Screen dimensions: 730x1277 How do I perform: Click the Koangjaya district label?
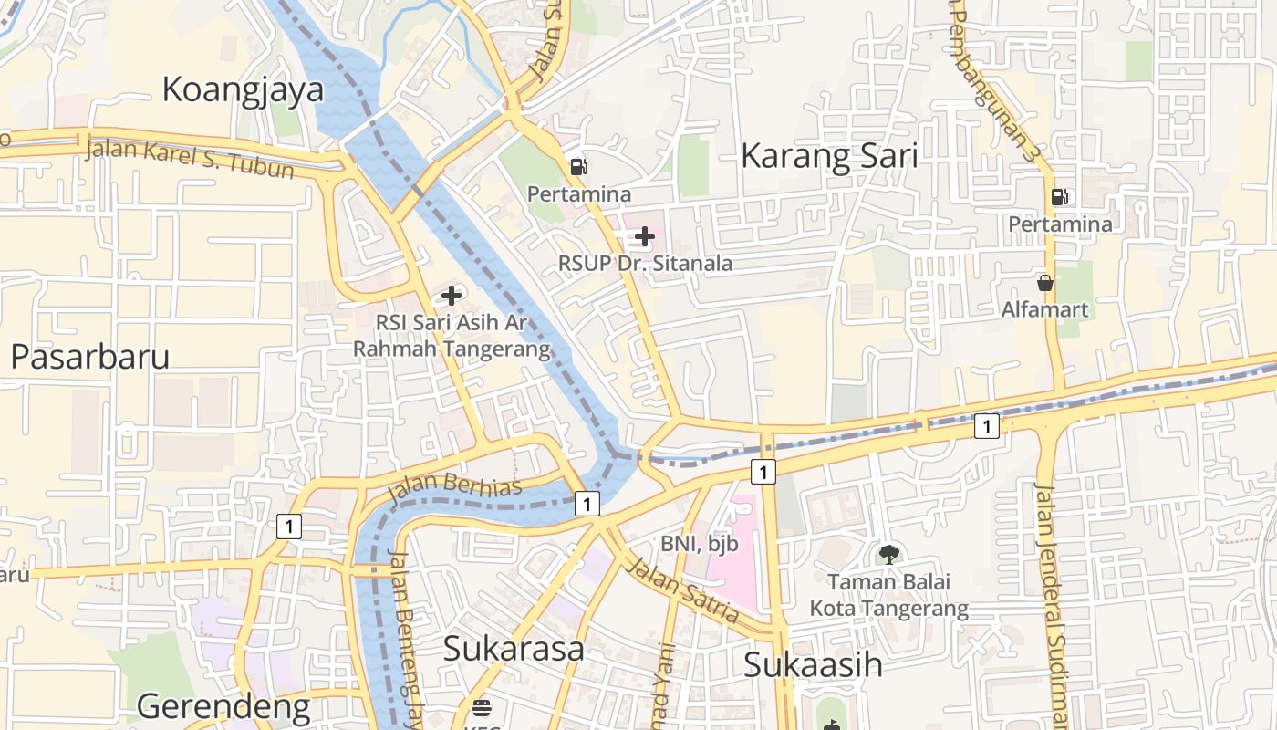point(243,89)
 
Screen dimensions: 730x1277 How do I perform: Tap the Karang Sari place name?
point(828,156)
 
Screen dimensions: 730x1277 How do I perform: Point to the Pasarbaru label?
point(90,357)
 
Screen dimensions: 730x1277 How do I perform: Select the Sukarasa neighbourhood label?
point(514,648)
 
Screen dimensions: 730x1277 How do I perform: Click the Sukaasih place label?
point(813,664)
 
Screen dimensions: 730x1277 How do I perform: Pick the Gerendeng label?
point(223,706)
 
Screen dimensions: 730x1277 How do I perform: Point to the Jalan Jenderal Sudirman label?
point(1051,602)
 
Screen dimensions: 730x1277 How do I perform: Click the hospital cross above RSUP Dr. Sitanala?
point(645,237)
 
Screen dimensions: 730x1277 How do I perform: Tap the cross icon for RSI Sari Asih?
point(452,296)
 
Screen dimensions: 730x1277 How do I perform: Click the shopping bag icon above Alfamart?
point(1045,283)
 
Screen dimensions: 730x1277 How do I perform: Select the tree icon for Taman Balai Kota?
point(889,554)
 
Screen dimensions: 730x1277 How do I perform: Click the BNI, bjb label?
point(700,544)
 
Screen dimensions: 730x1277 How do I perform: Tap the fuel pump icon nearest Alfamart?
point(1060,196)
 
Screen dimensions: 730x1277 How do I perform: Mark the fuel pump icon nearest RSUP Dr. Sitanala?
point(579,167)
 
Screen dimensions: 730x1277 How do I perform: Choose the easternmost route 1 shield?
point(986,425)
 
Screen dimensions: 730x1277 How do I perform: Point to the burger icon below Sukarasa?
point(482,708)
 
